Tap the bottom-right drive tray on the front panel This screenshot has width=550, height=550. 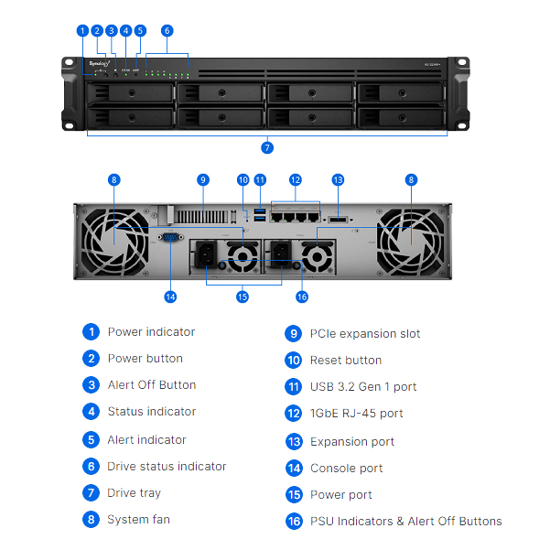click(x=402, y=117)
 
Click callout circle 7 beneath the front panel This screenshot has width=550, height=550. click(x=267, y=147)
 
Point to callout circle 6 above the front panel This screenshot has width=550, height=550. click(x=167, y=30)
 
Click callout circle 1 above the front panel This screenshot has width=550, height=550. click(x=82, y=30)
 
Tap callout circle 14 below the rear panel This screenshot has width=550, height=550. click(x=169, y=297)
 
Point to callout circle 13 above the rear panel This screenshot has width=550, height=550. click(x=338, y=180)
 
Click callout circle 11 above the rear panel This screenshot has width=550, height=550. click(x=260, y=180)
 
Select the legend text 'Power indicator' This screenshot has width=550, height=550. click(x=151, y=332)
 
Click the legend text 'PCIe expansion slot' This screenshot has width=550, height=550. click(x=365, y=334)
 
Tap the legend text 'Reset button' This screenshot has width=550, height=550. click(x=346, y=361)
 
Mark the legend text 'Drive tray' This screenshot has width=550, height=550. click(x=134, y=493)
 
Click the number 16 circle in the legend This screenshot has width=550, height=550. click(x=294, y=522)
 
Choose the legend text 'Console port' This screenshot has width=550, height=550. click(x=346, y=469)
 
